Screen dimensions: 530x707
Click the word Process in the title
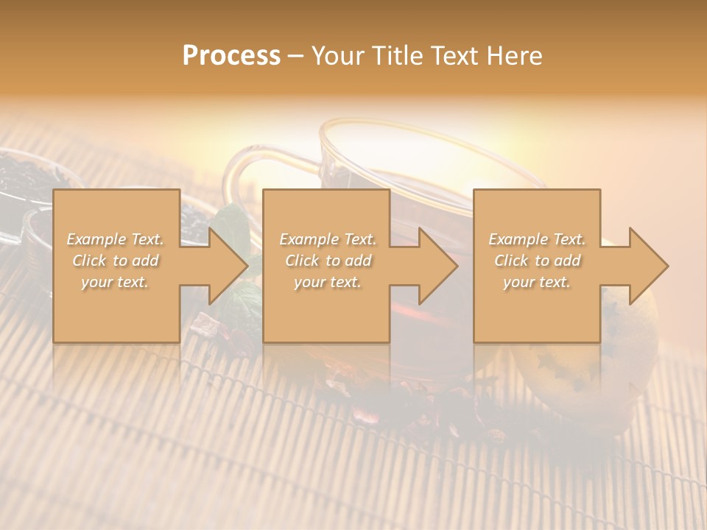point(231,56)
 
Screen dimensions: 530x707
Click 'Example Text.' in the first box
point(116,239)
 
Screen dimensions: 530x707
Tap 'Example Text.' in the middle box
point(328,239)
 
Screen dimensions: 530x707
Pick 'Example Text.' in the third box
point(537,239)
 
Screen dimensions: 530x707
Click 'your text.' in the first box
point(115,282)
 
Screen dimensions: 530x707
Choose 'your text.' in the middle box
point(328,282)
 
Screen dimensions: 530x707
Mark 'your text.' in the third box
point(537,282)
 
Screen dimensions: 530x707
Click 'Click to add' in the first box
point(116,261)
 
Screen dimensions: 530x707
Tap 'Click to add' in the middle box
point(328,261)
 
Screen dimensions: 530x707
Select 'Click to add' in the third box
point(537,261)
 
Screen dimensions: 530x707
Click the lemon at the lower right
point(582,383)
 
